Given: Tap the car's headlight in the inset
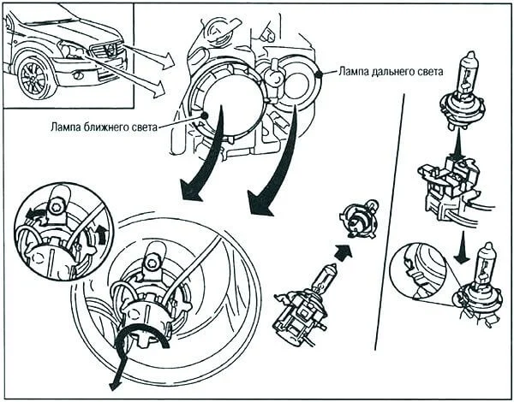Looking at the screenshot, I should pos(72,51).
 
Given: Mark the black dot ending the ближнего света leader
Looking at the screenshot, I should pos(206,114).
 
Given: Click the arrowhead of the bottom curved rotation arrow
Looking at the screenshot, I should pos(114,384).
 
